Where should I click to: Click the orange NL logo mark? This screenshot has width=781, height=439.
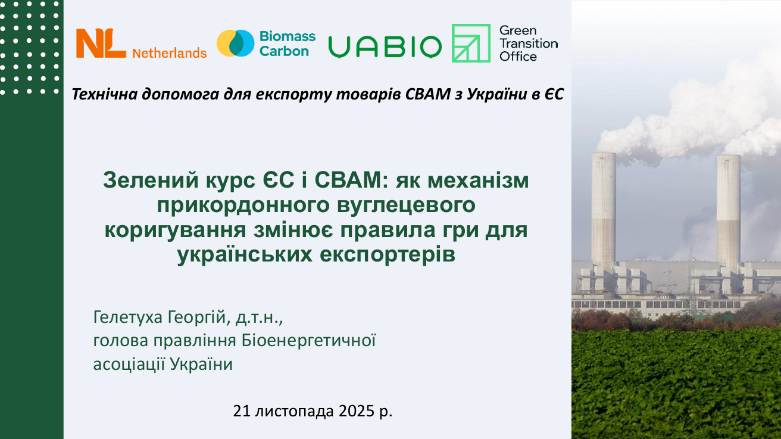tap(101, 43)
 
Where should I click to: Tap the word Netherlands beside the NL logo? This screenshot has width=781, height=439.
tap(169, 53)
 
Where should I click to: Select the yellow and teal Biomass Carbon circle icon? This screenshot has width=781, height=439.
tap(235, 43)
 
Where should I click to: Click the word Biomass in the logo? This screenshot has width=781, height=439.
tap(288, 36)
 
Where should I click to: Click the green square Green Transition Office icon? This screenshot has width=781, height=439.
tap(471, 43)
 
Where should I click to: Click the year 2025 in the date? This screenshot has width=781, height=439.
tap(357, 411)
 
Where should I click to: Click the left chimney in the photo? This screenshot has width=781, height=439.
tap(604, 208)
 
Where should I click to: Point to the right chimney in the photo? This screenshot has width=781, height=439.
tap(728, 208)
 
